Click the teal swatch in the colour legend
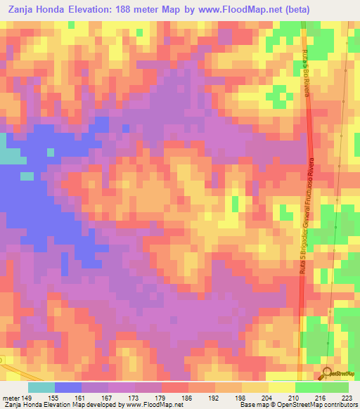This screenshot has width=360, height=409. [41, 387]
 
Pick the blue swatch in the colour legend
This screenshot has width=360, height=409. [67, 387]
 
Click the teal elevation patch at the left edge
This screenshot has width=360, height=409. [8, 156]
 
